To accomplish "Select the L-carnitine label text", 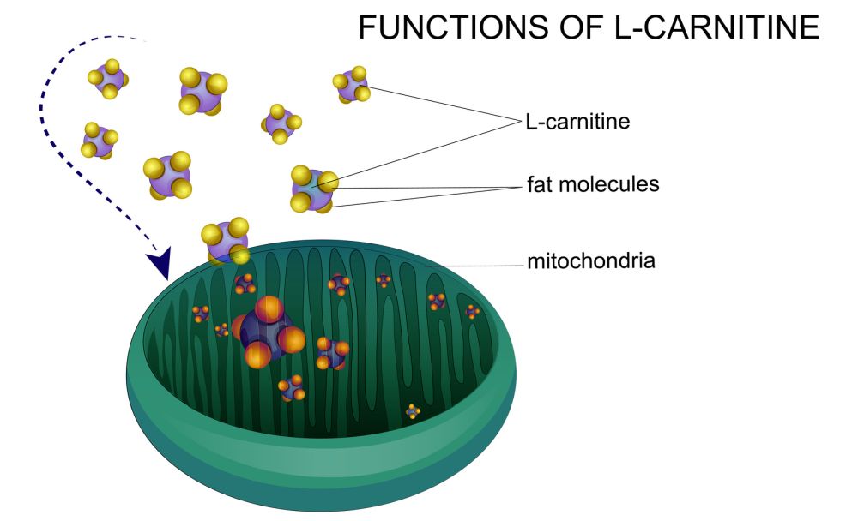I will [x=577, y=122].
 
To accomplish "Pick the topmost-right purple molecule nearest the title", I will [x=351, y=86].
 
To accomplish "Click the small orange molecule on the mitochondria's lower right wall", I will [x=414, y=411].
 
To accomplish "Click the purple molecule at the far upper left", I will [x=108, y=79].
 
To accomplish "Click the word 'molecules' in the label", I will [x=610, y=184].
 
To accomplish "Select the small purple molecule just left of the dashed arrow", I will [x=99, y=141].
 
